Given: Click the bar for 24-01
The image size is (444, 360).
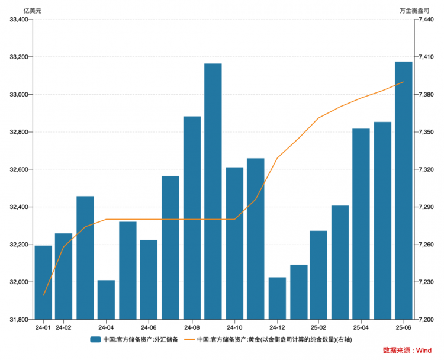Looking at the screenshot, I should [43, 282].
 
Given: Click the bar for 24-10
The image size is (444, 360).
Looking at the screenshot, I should [234, 243].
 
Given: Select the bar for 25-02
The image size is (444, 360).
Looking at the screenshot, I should [318, 275].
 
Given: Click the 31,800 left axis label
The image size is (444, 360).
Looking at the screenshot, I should [20, 320].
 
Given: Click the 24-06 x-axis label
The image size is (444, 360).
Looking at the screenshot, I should [149, 327].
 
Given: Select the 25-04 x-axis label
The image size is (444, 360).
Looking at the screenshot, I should [361, 327].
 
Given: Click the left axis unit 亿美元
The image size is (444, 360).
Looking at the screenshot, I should [32, 11].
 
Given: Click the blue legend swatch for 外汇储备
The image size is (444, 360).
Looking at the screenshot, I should [95, 339].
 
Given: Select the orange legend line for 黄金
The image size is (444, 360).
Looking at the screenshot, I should [189, 339].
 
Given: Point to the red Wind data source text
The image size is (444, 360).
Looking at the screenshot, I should [407, 350].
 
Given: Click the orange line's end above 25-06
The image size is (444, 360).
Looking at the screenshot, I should [404, 82].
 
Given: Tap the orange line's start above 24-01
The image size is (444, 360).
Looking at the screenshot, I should [43, 295].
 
